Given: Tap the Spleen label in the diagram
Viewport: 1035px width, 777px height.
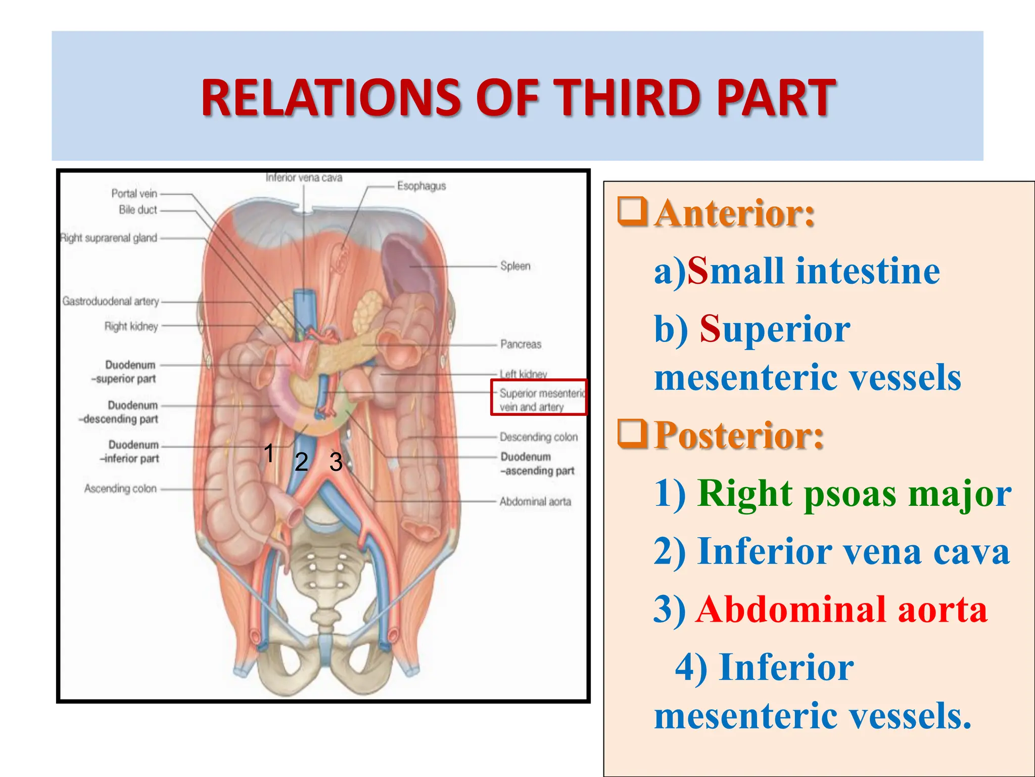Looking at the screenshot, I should point(515,266).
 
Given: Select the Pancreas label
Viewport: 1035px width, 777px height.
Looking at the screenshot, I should point(521,344).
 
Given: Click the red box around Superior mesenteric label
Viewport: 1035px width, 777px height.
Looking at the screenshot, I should point(539,398).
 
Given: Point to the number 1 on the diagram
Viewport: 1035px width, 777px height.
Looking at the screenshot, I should point(269,453).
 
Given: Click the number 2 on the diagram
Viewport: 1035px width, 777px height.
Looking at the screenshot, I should point(301,461).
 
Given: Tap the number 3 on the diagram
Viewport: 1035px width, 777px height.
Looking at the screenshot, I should point(336,462).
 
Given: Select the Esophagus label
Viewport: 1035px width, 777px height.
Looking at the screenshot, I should point(421,186).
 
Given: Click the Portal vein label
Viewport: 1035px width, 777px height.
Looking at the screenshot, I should point(134,193).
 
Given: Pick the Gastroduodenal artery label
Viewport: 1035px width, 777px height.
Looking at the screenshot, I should point(110,301).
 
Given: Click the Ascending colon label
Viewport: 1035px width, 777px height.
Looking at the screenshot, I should point(120,488).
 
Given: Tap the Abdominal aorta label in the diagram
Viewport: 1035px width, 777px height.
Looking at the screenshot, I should point(535,501).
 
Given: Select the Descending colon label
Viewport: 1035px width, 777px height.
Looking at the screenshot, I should point(538,437).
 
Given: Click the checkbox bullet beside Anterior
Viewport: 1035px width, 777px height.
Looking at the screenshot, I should point(632,211).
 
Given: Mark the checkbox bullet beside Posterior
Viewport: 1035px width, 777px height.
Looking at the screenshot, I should point(632,434).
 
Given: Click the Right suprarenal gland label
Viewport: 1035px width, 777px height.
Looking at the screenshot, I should point(109,238).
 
